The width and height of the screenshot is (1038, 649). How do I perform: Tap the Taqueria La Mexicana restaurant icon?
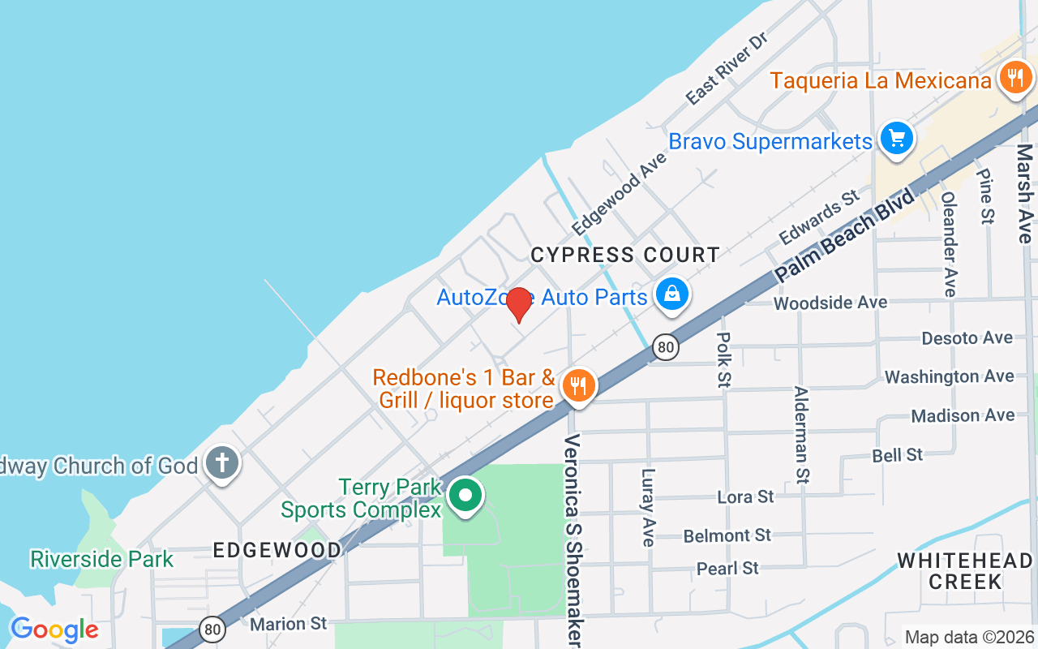pos(1014,79)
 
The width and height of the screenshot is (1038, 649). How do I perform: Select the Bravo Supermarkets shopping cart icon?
pos(896,138)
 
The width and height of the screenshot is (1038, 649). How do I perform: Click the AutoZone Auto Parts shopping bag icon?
pos(672,294)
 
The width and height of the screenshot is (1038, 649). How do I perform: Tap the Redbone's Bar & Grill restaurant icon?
pos(577,385)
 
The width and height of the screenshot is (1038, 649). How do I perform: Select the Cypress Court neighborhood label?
pos(624,256)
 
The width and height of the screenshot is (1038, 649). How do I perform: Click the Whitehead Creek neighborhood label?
pos(965,570)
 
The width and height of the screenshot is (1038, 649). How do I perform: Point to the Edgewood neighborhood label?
pos(277,550)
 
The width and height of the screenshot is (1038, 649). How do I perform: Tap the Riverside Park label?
pos(101,559)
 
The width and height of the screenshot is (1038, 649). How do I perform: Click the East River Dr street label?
pos(726,69)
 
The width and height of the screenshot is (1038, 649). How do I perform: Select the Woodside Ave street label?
pos(830,303)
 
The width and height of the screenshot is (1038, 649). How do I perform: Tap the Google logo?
pos(54,630)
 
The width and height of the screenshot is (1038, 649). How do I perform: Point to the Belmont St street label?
pos(727,535)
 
